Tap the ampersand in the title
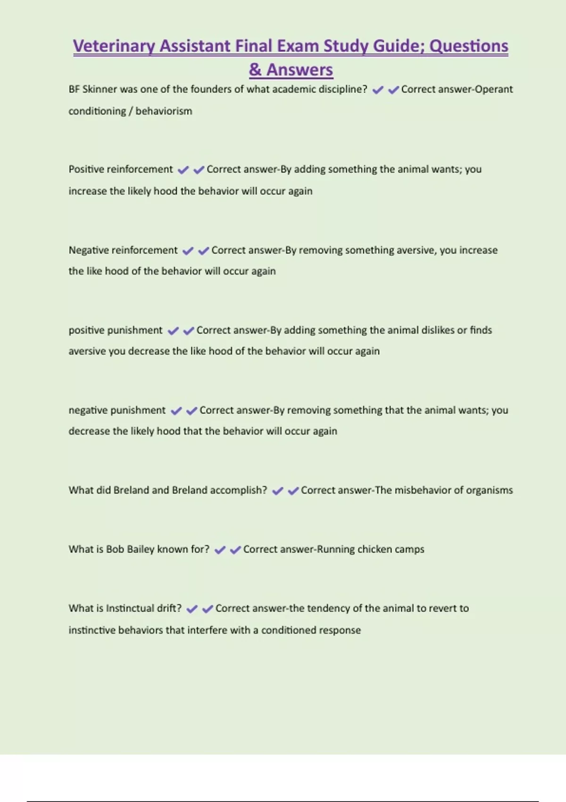(x=255, y=70)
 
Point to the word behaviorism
(x=164, y=111)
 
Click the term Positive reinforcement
(x=121, y=169)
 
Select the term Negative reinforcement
(x=123, y=250)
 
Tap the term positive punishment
(x=116, y=330)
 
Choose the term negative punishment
(x=117, y=410)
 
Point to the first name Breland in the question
(x=131, y=490)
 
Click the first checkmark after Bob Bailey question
(x=220, y=550)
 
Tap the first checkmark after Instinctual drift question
(x=191, y=609)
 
